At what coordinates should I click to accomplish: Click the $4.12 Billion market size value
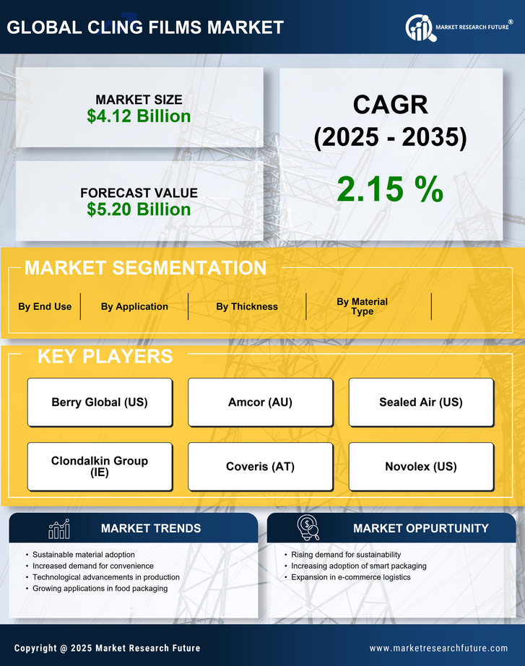point(139,116)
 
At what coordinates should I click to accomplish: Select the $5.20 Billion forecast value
point(139,209)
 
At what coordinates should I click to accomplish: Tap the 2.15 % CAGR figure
point(390,189)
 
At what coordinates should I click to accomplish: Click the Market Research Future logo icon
point(419,27)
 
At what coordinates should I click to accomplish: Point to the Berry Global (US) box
point(100,402)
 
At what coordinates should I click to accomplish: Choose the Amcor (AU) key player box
point(260,402)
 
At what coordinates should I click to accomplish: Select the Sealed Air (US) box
point(421,402)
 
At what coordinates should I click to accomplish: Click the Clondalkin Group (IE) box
point(100,467)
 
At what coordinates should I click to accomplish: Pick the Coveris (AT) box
point(260,467)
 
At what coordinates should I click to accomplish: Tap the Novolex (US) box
point(421,467)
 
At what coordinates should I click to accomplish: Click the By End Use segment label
point(45,306)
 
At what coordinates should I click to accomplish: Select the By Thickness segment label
point(247,306)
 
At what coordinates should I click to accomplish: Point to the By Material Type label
point(362,306)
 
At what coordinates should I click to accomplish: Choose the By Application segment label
point(134,306)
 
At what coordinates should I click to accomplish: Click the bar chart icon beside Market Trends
point(59,529)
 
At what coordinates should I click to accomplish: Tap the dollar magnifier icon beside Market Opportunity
point(308,528)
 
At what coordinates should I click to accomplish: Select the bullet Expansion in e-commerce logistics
point(351,577)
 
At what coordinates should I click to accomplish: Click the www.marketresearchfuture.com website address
point(438,648)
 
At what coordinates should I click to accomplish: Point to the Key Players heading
point(105,356)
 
